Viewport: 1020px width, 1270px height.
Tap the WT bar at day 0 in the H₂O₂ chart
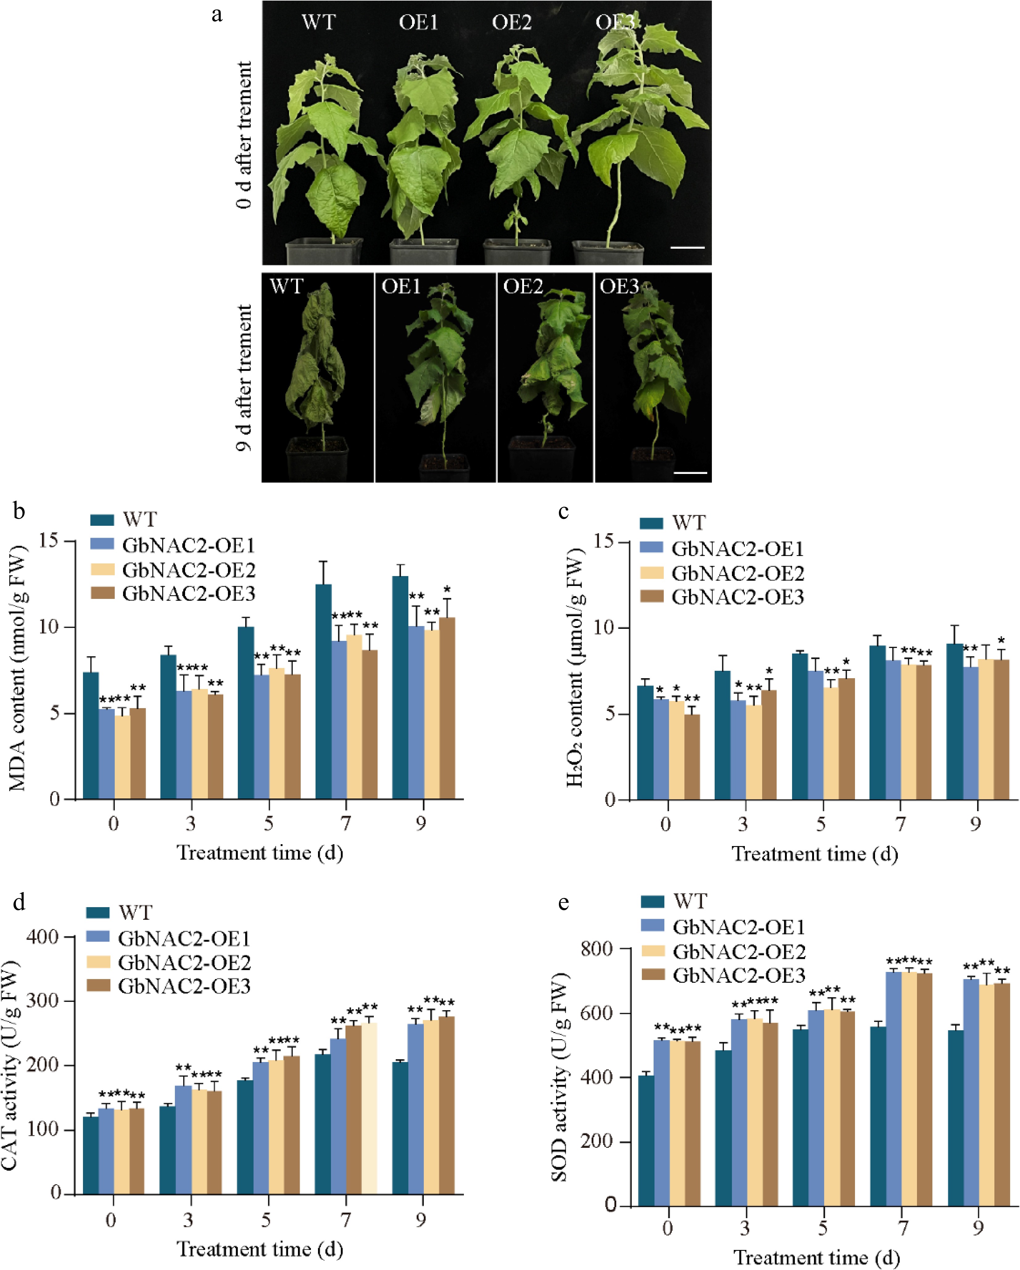(x=646, y=742)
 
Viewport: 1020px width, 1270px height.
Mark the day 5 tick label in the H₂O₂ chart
(x=821, y=824)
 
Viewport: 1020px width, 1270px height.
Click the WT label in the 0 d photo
(x=319, y=23)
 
